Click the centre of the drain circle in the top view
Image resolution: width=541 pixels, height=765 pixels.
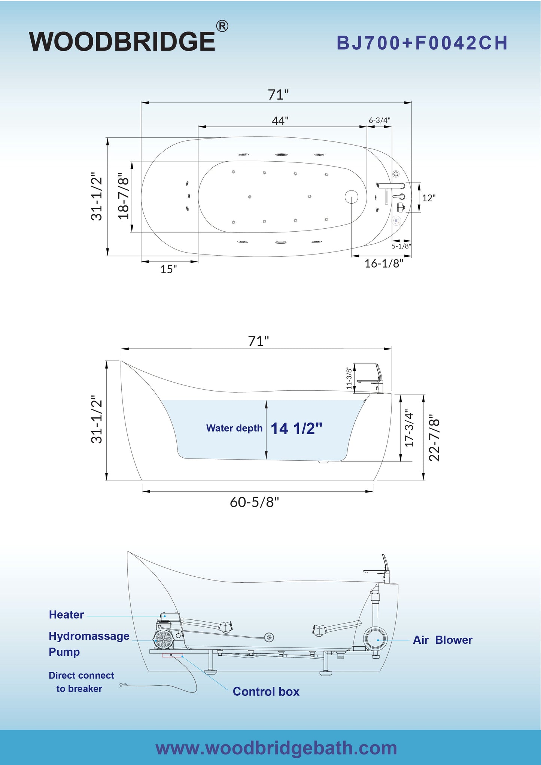[x=351, y=197]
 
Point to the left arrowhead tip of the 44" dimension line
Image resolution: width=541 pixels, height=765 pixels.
[x=198, y=127]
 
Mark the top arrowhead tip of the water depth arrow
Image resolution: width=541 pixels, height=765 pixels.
[x=267, y=400]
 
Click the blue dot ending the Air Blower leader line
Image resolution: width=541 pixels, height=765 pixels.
[x=379, y=640]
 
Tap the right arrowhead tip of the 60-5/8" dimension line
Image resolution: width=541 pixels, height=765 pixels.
[x=373, y=491]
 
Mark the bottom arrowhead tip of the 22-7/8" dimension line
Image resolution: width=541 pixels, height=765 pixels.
[x=423, y=481]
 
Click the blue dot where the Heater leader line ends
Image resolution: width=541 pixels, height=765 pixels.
[x=164, y=616]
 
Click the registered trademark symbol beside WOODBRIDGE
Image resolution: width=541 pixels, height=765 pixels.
[x=222, y=26]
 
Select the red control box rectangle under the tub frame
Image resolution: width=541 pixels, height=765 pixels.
[x=173, y=655]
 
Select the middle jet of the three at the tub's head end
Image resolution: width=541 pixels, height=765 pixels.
[x=189, y=196]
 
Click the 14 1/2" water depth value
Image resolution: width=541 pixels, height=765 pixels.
[x=297, y=429]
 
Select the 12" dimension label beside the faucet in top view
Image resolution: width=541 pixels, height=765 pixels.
[x=429, y=198]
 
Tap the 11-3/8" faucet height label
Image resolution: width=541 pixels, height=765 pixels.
[x=349, y=378]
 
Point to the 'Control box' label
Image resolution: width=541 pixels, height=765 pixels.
[x=266, y=692]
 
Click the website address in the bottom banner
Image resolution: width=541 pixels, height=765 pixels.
[x=276, y=748]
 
